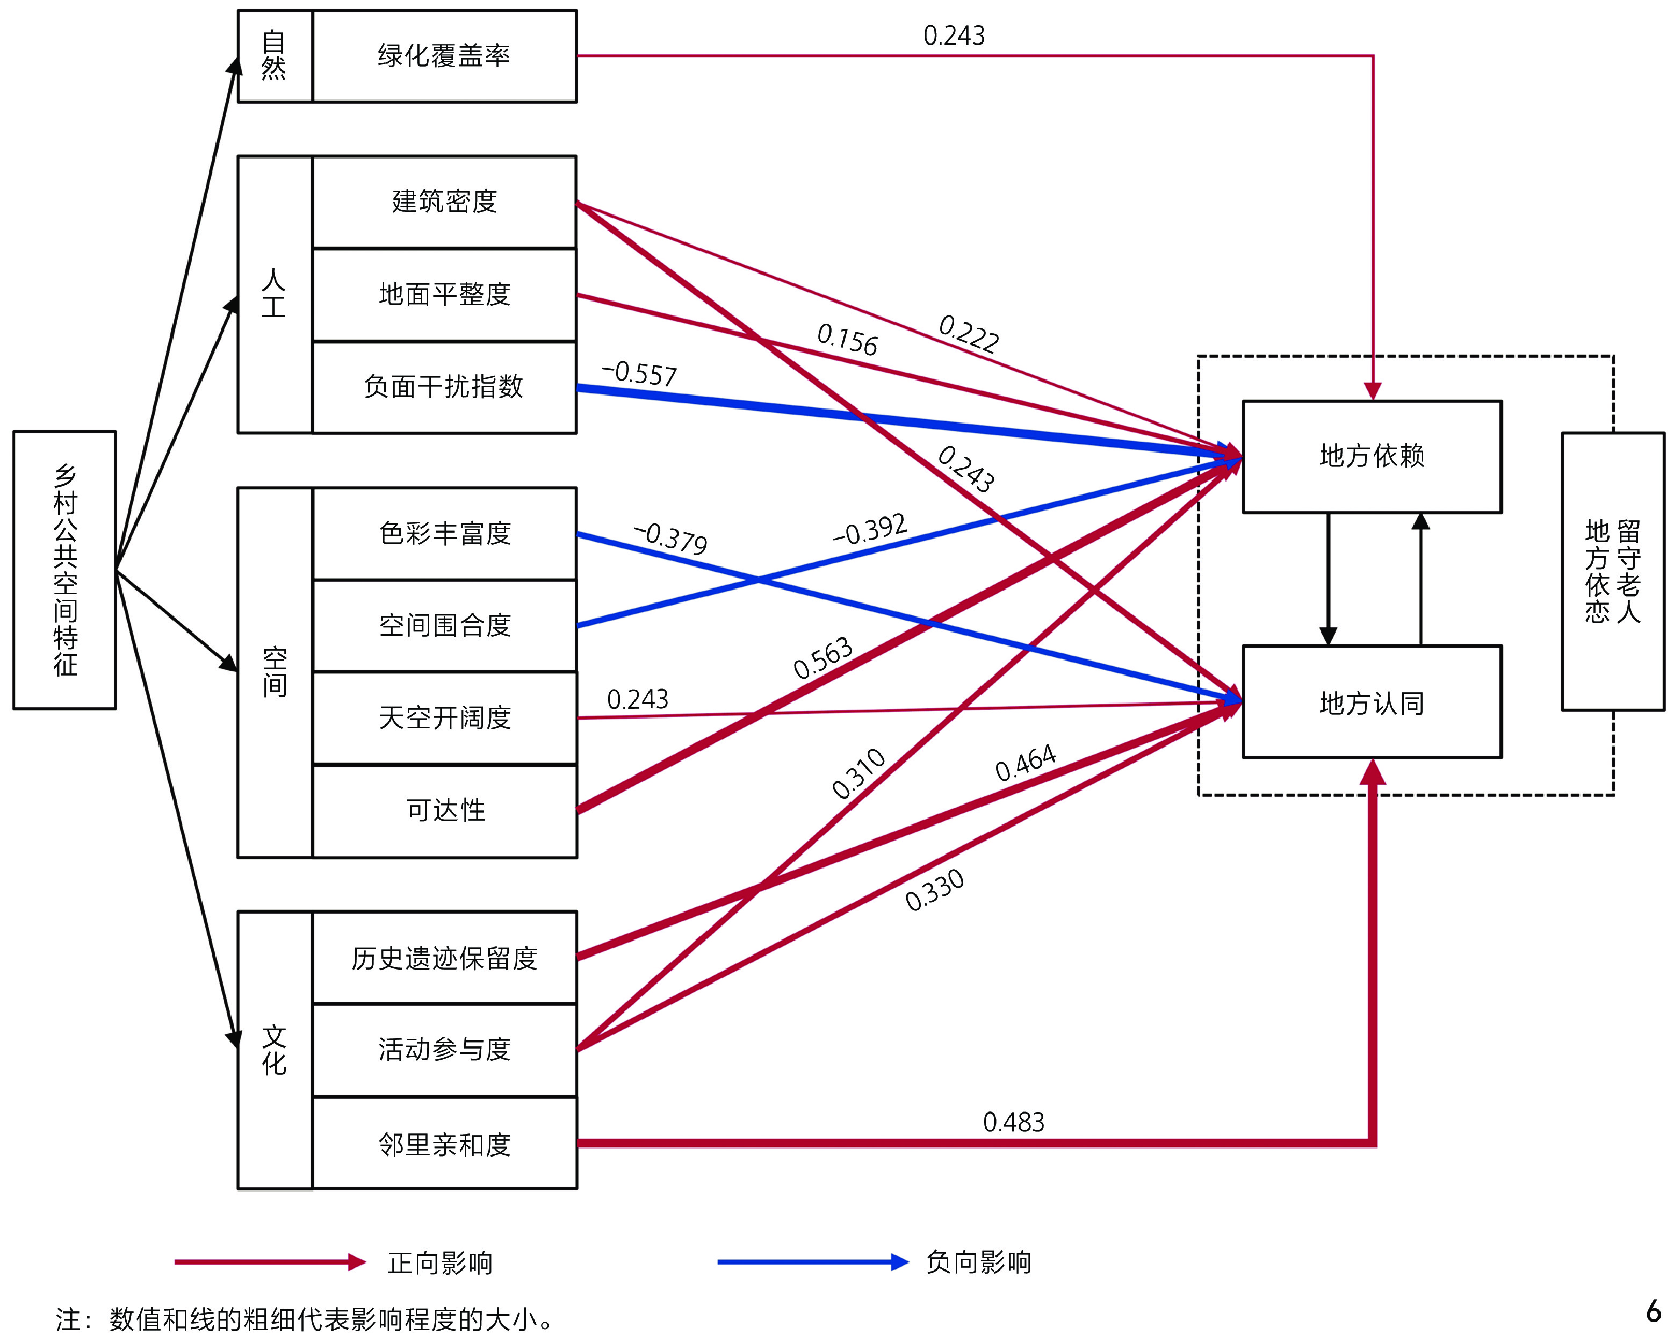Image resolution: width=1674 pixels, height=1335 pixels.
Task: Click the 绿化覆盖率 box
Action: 444,56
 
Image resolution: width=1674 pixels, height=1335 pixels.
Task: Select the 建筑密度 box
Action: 444,202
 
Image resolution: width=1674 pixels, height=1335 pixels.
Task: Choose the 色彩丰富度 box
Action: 444,534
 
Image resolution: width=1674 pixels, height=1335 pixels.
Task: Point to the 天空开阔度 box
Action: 444,717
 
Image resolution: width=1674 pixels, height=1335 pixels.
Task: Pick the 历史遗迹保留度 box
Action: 444,958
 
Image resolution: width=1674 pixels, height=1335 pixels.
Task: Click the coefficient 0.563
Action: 822,658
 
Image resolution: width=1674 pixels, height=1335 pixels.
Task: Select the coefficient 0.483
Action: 1013,1122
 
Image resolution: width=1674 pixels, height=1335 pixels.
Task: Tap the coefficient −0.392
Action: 870,530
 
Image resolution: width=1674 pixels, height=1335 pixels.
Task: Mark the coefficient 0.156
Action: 847,340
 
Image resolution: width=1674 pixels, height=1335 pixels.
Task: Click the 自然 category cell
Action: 274,56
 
